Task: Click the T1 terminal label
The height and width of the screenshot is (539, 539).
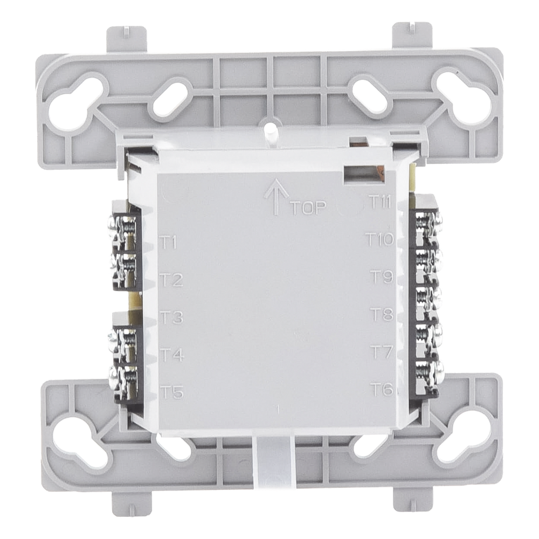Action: [x=169, y=243]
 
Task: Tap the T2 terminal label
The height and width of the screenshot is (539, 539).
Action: [x=171, y=280]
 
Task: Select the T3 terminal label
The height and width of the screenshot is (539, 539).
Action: [x=171, y=317]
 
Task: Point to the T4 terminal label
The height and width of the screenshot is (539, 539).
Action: [x=172, y=355]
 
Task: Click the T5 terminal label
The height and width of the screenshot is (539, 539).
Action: [x=172, y=392]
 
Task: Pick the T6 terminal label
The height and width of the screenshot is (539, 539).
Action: [x=382, y=390]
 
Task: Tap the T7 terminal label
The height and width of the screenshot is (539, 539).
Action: [x=382, y=351]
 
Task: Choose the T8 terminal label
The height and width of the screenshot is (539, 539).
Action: [x=382, y=314]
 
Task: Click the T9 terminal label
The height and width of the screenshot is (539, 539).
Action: [x=382, y=277]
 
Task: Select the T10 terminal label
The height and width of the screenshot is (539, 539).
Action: [x=379, y=239]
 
